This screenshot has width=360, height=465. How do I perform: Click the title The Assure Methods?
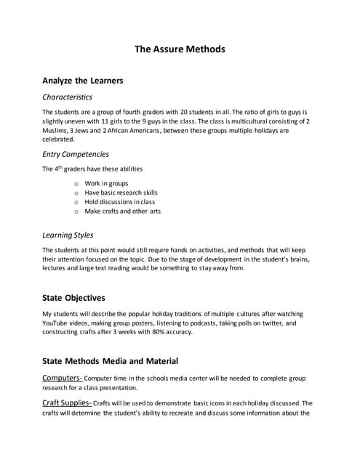pyautogui.click(x=180, y=49)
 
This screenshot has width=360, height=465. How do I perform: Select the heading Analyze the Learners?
pyautogui.click(x=82, y=80)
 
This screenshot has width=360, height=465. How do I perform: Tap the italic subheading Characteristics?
pyautogui.click(x=67, y=97)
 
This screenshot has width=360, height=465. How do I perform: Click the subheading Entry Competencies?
pyautogui.click(x=76, y=154)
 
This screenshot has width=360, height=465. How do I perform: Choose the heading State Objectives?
pyautogui.click(x=73, y=298)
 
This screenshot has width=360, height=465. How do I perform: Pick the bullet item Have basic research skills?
pyautogui.click(x=121, y=193)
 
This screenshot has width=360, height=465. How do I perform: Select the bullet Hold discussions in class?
pyautogui.click(x=119, y=202)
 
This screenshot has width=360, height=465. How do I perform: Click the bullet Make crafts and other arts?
pyautogui.click(x=122, y=211)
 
